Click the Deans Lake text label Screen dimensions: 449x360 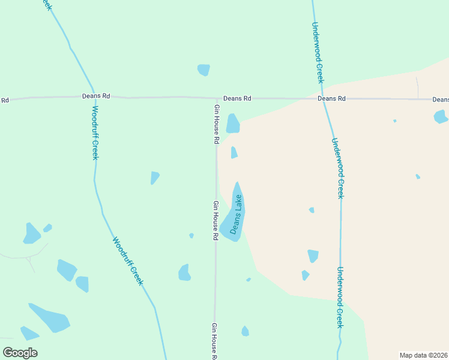click(x=237, y=214)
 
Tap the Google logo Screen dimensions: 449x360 click(x=20, y=353)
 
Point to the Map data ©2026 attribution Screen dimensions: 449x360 click(x=424, y=355)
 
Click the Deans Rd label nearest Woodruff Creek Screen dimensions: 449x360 click(x=97, y=96)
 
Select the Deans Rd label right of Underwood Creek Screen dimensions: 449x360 click(x=331, y=98)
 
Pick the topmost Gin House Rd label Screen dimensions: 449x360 click(x=217, y=124)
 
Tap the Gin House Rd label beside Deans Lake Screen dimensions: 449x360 click(x=215, y=220)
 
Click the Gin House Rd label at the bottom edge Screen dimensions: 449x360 click(x=214, y=341)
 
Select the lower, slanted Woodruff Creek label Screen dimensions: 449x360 click(x=128, y=260)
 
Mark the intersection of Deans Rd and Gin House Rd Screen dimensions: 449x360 click(x=216, y=98)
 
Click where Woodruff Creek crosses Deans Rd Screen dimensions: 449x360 click(x=94, y=97)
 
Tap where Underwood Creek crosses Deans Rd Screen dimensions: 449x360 click(x=323, y=98)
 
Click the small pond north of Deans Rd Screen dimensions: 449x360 click(x=203, y=70)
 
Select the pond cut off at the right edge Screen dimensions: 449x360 click(x=441, y=116)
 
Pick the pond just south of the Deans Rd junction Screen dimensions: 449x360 click(x=233, y=124)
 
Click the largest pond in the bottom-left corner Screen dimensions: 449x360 click(x=50, y=319)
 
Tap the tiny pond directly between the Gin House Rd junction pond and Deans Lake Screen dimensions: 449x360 click(x=234, y=153)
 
